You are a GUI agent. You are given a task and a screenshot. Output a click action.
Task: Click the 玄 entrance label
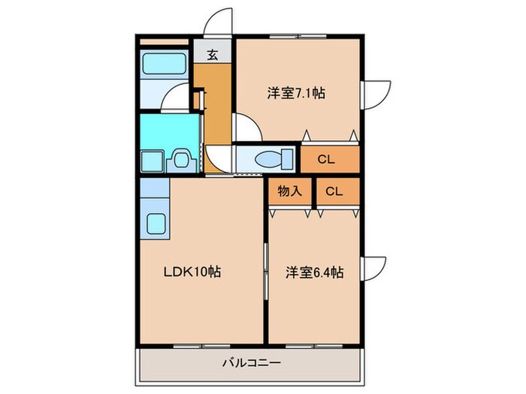[213, 54]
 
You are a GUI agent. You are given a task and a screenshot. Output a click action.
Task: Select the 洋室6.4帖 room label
[314, 272]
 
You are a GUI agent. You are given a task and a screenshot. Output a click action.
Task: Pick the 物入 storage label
[289, 191]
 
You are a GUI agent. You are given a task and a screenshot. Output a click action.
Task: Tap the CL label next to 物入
[334, 191]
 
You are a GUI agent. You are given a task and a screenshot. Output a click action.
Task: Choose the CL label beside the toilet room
[325, 159]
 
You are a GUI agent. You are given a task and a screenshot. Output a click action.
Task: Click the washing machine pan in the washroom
[153, 160]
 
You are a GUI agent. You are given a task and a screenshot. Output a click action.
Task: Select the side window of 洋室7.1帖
[373, 93]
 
